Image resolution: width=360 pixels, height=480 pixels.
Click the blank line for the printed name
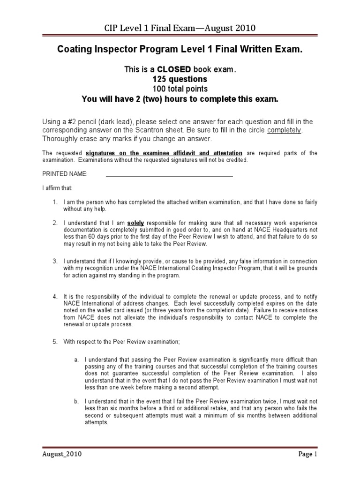click(169, 176)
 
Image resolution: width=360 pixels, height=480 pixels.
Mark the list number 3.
click(55, 261)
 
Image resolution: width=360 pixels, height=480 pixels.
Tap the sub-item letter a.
click(76, 360)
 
